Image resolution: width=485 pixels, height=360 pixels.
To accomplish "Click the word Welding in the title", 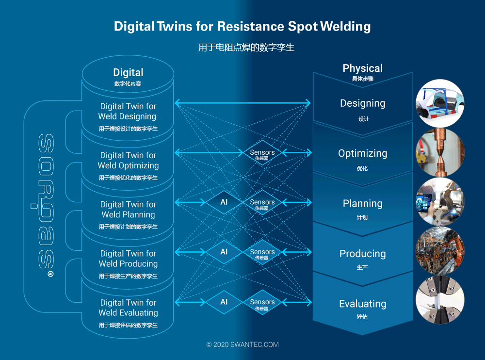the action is click(x=345, y=27).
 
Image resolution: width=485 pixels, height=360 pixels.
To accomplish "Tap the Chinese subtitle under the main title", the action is click(x=246, y=48).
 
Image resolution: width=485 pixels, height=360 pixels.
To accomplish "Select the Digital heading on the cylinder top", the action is click(x=128, y=72).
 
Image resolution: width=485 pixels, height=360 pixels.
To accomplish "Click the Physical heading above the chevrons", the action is click(x=362, y=68).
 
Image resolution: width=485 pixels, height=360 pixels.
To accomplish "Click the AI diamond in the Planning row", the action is click(x=224, y=202).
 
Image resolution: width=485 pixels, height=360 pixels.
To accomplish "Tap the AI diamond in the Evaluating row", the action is click(x=224, y=302).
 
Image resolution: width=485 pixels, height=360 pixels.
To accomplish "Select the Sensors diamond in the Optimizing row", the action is click(x=262, y=153).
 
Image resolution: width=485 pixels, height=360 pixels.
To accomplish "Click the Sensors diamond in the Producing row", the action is click(x=262, y=252).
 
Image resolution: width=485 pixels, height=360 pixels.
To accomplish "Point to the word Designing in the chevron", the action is click(x=362, y=103).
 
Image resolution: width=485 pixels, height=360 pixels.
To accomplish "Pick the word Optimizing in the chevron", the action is click(x=362, y=153).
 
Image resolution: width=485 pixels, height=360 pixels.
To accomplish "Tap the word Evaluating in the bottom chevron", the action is click(x=362, y=304).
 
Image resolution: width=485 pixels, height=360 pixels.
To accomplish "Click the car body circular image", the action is click(x=440, y=103).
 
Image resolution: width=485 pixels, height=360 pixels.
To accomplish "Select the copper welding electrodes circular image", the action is click(x=440, y=152).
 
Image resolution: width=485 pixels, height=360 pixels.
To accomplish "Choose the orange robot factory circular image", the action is click(x=440, y=251).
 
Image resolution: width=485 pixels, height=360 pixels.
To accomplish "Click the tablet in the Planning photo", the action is click(x=424, y=203).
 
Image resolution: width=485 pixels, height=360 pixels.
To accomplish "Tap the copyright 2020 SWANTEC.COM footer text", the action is click(x=242, y=344).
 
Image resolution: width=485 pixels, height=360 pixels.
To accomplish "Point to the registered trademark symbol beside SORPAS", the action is click(x=50, y=274).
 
